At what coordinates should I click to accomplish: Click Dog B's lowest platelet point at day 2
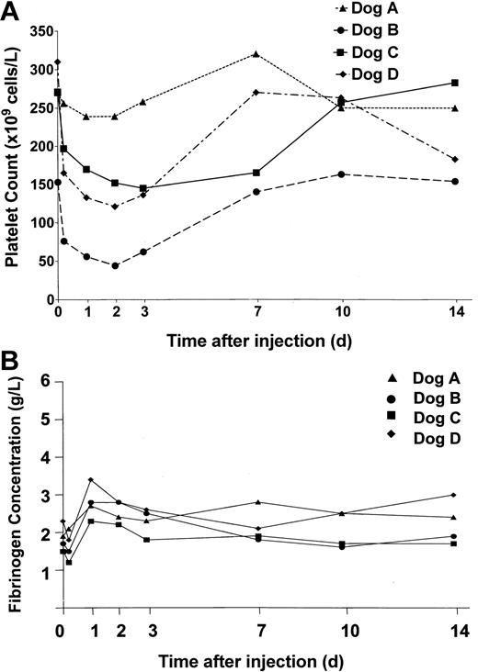(115, 265)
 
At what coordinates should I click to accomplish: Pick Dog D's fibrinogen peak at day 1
(90, 479)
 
